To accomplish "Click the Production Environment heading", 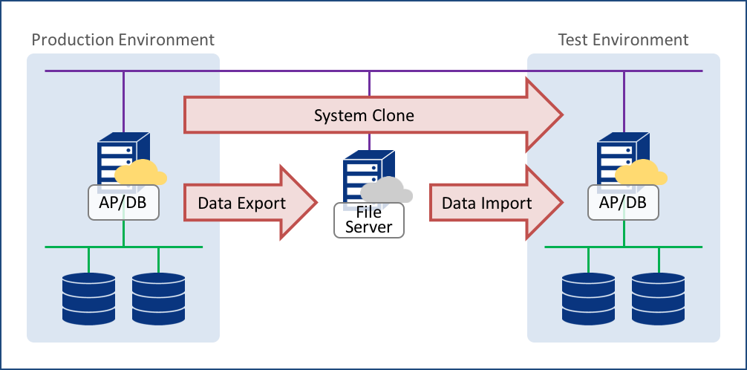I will (x=123, y=39).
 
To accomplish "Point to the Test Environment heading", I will (x=623, y=39).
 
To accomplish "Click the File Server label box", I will (x=368, y=220).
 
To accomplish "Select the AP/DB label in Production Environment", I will (x=123, y=202).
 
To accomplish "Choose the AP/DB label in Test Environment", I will (x=623, y=202).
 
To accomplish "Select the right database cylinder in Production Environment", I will (x=158, y=299).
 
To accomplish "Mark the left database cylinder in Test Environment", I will (x=589, y=299).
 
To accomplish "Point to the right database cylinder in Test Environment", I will (x=658, y=299).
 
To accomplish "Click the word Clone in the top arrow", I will (x=393, y=116).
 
